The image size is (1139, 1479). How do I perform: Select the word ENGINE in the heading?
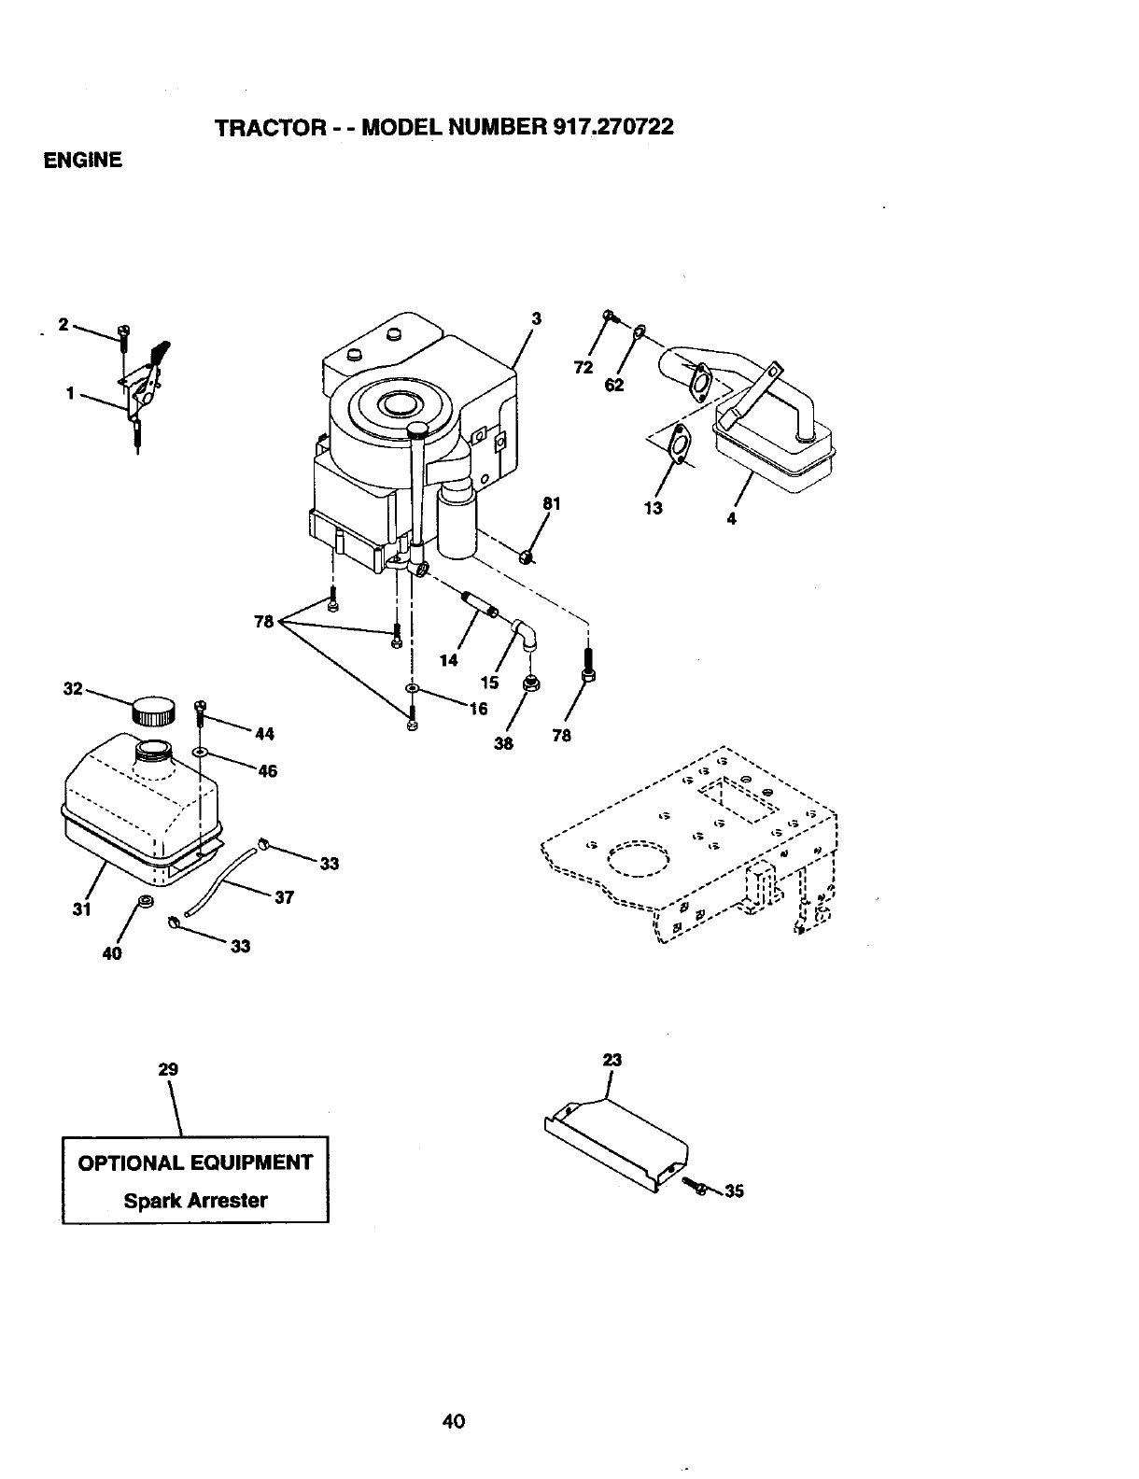coord(83,161)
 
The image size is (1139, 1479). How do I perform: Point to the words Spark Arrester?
coord(195,1201)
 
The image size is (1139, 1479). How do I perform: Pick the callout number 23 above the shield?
coord(612,1060)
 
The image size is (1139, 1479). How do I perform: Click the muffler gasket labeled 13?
coord(681,443)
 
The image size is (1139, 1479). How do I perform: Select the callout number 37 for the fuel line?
coord(285,897)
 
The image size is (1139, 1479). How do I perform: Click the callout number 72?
coord(584,367)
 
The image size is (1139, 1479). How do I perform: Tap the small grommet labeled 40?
coord(145,901)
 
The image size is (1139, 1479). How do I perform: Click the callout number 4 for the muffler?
coord(731,519)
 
